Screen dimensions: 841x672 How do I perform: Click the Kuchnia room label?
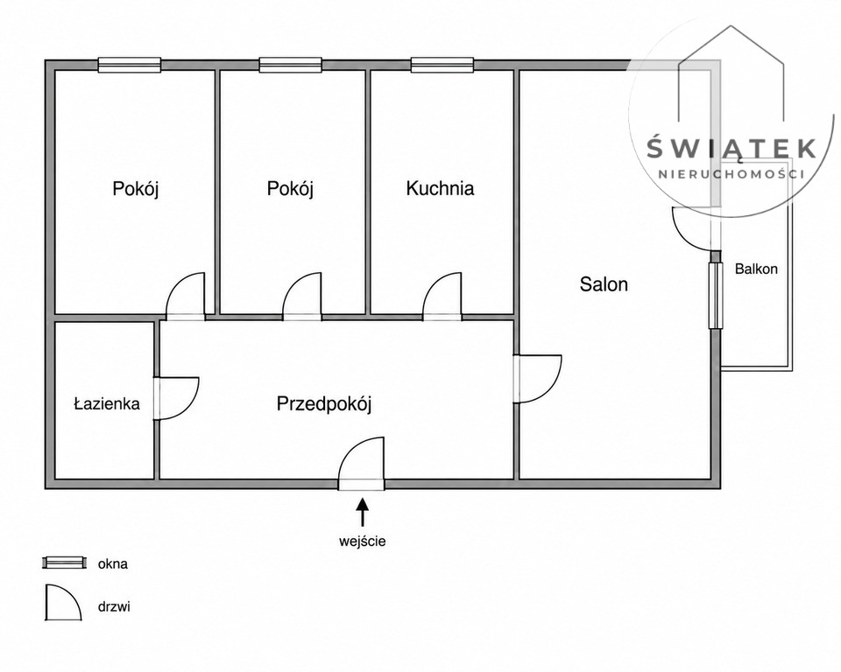pos(440,189)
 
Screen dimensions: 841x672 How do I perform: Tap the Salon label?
pos(604,284)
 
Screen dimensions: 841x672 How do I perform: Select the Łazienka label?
pos(107,403)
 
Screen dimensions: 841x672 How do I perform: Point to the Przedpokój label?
pos(324,403)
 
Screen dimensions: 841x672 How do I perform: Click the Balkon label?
pos(756,269)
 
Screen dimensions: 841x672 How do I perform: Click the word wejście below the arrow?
pos(362,542)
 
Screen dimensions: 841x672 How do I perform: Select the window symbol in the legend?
pos(64,563)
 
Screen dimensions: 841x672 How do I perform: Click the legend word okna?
pos(113,563)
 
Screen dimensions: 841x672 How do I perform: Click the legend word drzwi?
pos(114,607)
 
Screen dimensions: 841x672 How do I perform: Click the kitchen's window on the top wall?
pos(442,65)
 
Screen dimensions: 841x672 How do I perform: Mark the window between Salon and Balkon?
pos(715,296)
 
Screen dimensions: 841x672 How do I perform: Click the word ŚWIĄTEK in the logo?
pos(731,148)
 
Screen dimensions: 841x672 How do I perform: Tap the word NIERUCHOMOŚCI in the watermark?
pos(731,174)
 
